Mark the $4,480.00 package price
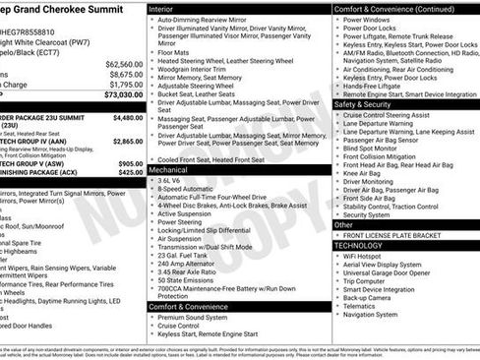point(128,117)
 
